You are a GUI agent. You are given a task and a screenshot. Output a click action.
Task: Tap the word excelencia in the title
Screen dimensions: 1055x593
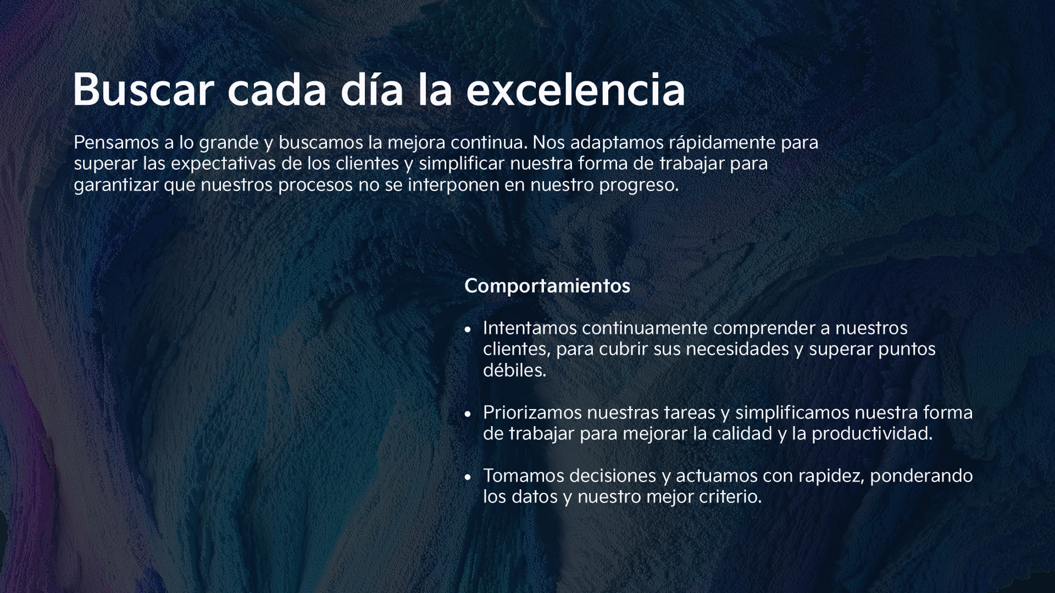click(x=575, y=89)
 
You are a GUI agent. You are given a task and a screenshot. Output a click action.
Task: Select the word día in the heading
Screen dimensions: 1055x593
click(x=372, y=89)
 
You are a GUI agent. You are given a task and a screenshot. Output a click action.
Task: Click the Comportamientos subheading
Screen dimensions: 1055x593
click(x=547, y=286)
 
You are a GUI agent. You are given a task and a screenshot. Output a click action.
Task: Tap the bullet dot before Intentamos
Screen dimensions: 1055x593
click(x=468, y=330)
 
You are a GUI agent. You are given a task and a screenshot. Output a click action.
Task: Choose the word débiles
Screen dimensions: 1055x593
click(x=514, y=370)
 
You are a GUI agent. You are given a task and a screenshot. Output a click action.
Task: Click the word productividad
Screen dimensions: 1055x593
click(x=872, y=434)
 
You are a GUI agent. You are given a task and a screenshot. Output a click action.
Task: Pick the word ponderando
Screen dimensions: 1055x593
click(x=921, y=477)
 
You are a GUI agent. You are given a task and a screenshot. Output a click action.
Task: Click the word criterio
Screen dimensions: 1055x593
click(x=730, y=497)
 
